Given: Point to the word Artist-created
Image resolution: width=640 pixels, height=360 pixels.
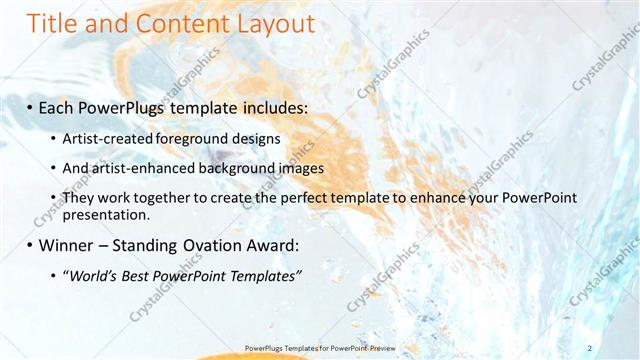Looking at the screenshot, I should coord(104,137).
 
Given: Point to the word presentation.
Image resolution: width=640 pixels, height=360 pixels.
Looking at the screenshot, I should coord(105,214).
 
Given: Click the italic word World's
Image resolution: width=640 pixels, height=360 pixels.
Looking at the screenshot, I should coord(93,276).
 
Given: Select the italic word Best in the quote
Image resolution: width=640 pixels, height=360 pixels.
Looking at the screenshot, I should coord(138,276).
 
